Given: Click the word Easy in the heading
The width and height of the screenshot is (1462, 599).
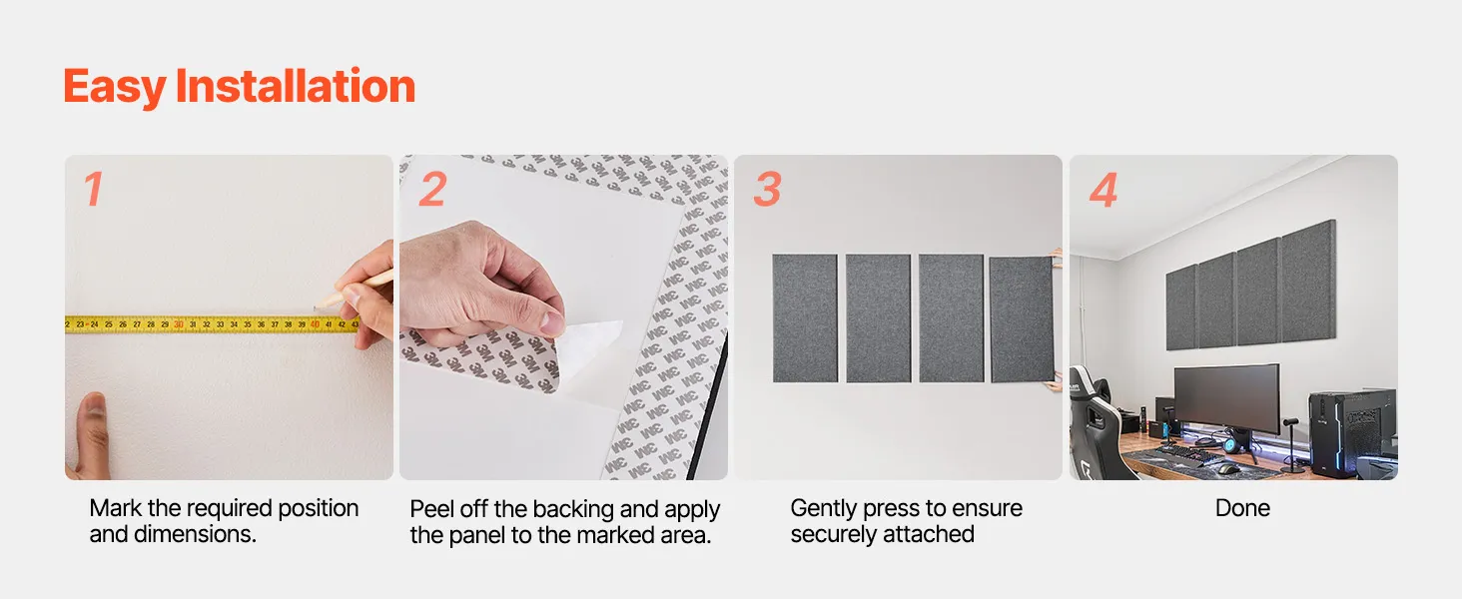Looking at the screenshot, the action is coord(114,88).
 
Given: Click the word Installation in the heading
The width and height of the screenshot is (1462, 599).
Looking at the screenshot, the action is coord(295,86).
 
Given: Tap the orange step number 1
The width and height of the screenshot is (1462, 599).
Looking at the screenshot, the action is coord(93,190).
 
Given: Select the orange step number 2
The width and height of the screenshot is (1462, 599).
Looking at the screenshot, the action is coord(432,190).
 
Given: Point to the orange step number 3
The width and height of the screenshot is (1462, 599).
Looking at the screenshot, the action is coord(767,190).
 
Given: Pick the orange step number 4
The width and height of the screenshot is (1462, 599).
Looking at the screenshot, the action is coord(1103,190).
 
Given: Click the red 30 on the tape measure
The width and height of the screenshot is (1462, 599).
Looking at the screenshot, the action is coord(178,324).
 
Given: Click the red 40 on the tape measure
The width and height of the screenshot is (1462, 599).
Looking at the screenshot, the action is coord(315,324).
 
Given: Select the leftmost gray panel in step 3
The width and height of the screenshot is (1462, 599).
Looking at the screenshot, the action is coord(805,318).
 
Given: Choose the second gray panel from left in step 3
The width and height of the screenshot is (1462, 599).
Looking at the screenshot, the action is coord(879,318).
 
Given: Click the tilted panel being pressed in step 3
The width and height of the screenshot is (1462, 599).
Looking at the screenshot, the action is coord(1022,319).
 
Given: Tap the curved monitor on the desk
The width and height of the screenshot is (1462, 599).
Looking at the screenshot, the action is coord(1226,397).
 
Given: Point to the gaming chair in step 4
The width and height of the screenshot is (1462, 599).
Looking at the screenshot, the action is coord(1096,424).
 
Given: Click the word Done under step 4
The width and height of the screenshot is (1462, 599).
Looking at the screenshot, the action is coord(1242,508).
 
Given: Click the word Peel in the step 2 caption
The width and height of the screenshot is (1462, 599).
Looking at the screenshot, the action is coord(431,509).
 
